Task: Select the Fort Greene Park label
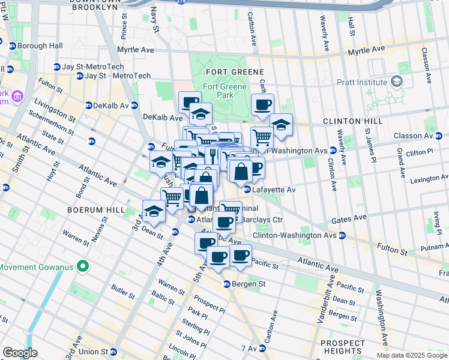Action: tap(224, 91)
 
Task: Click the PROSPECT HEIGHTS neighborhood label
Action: tap(342, 347)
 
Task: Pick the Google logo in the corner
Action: tap(20, 353)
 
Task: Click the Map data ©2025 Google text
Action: tap(412, 355)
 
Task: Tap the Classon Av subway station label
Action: tap(426, 136)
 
